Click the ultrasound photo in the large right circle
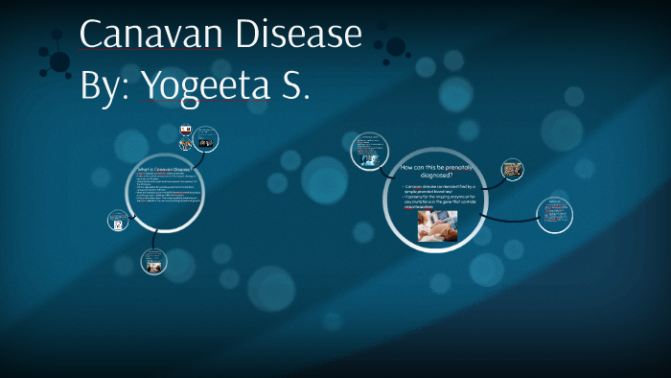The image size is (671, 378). pyautogui.click(x=437, y=226)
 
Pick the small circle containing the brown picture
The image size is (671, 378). pyautogui.click(x=513, y=170)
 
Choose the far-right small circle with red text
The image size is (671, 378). pyautogui.click(x=554, y=215)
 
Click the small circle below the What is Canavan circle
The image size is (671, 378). pyautogui.click(x=152, y=260)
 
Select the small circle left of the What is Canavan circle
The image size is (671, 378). pyautogui.click(x=119, y=221)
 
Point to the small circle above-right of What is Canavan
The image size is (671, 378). pyautogui.click(x=203, y=140)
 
